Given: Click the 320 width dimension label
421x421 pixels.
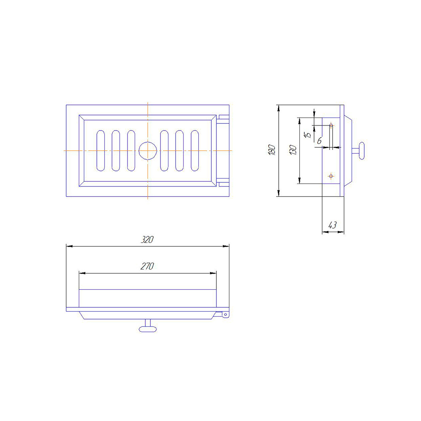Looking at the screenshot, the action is coord(147,240).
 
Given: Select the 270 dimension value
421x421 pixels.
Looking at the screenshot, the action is coord(147,266).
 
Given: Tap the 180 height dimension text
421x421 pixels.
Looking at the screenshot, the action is coord(272,150).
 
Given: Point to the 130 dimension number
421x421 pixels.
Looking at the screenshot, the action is coord(293,150).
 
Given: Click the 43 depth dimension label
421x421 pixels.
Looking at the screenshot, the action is coord(333,225).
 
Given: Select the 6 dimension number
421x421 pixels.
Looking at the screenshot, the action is coord(319,141).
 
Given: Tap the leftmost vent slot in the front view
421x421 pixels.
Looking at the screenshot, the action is coord(101,151).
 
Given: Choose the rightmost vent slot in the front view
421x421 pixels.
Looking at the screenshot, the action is coord(195,151).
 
